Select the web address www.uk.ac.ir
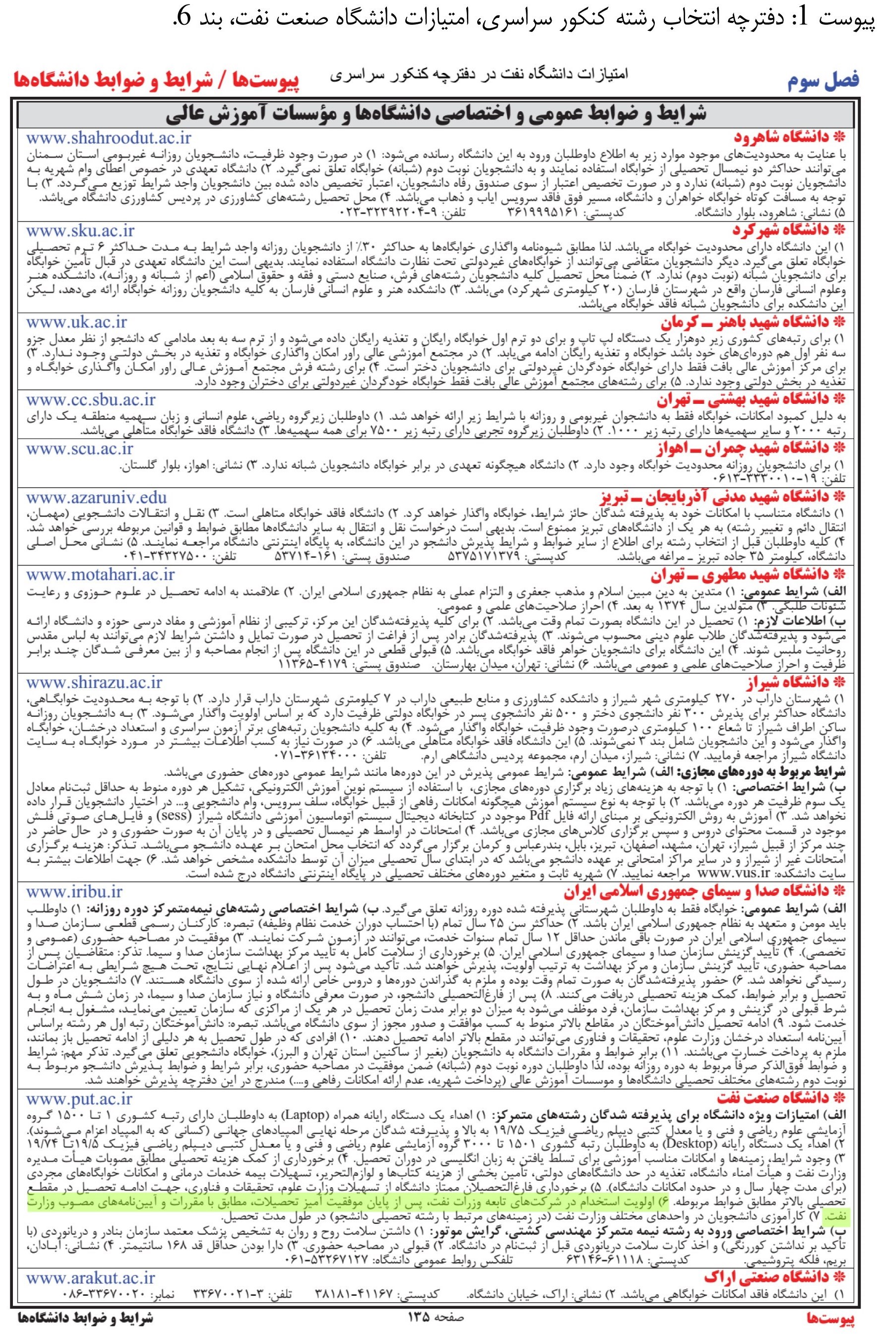click(77, 323)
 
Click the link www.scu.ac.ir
click(79, 448)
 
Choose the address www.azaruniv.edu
click(97, 497)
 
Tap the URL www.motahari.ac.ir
click(101, 575)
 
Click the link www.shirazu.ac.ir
click(94, 684)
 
